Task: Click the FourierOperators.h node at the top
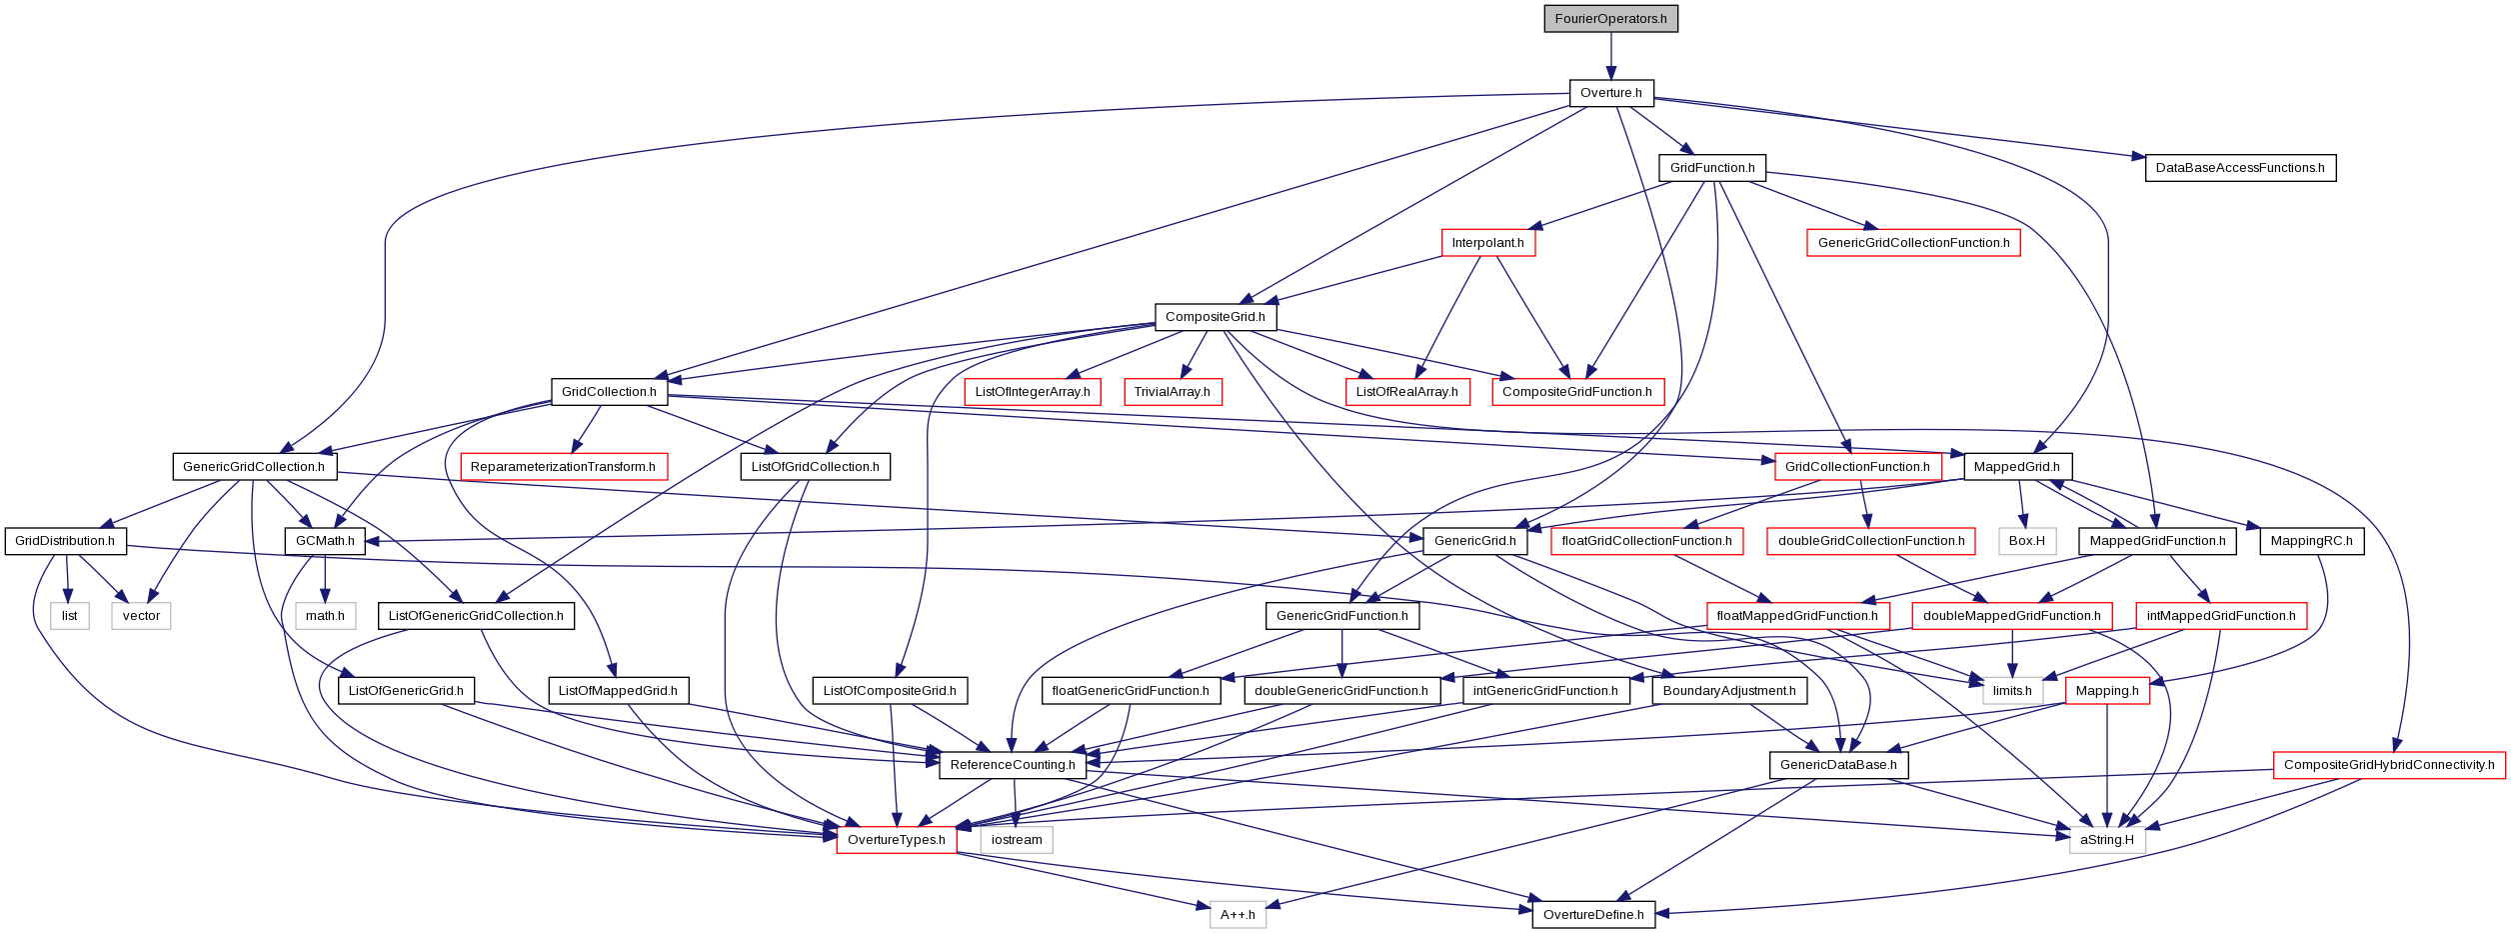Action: [1610, 19]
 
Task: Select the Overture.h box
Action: [1610, 93]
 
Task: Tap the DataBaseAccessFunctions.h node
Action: [2240, 168]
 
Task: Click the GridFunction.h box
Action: [1712, 168]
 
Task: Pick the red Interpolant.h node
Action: [1487, 243]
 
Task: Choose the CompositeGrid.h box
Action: [1215, 317]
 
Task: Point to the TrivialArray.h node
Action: [1172, 392]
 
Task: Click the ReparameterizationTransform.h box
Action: [563, 467]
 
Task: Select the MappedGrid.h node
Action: [2017, 467]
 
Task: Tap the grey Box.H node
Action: [2027, 541]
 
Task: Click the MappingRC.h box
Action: [2311, 541]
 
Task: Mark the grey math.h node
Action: [325, 616]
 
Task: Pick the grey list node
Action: [69, 616]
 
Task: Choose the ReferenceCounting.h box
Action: [1013, 765]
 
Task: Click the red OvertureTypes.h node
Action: [896, 840]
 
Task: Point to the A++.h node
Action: [1238, 915]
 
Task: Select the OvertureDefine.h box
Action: [1593, 915]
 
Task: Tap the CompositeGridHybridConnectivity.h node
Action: [2389, 765]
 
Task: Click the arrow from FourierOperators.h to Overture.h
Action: [1610, 56]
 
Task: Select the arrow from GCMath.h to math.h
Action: [325, 579]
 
